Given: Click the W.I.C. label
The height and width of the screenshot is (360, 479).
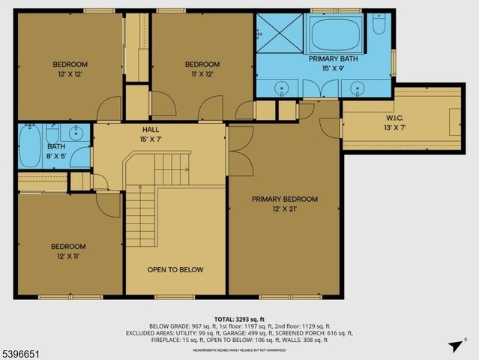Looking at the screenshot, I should tap(395, 118).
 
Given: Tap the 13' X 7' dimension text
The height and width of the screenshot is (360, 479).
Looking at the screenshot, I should tap(395, 128).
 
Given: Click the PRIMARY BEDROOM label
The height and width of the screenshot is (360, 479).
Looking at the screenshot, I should tap(284, 199).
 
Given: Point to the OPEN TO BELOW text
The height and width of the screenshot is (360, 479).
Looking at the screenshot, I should tap(175, 269).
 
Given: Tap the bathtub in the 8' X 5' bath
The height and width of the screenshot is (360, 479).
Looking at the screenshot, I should tap(31, 146).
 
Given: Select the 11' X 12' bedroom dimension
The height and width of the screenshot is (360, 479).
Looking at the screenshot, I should tap(202, 73).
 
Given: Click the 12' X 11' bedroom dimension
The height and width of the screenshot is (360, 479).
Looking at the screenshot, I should tap(67, 256).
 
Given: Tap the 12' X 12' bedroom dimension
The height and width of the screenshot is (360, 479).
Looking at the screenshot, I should tap(70, 73).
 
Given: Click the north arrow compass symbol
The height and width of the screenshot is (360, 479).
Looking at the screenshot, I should tap(453, 346).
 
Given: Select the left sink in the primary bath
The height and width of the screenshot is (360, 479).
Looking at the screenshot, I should tap(280, 88).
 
